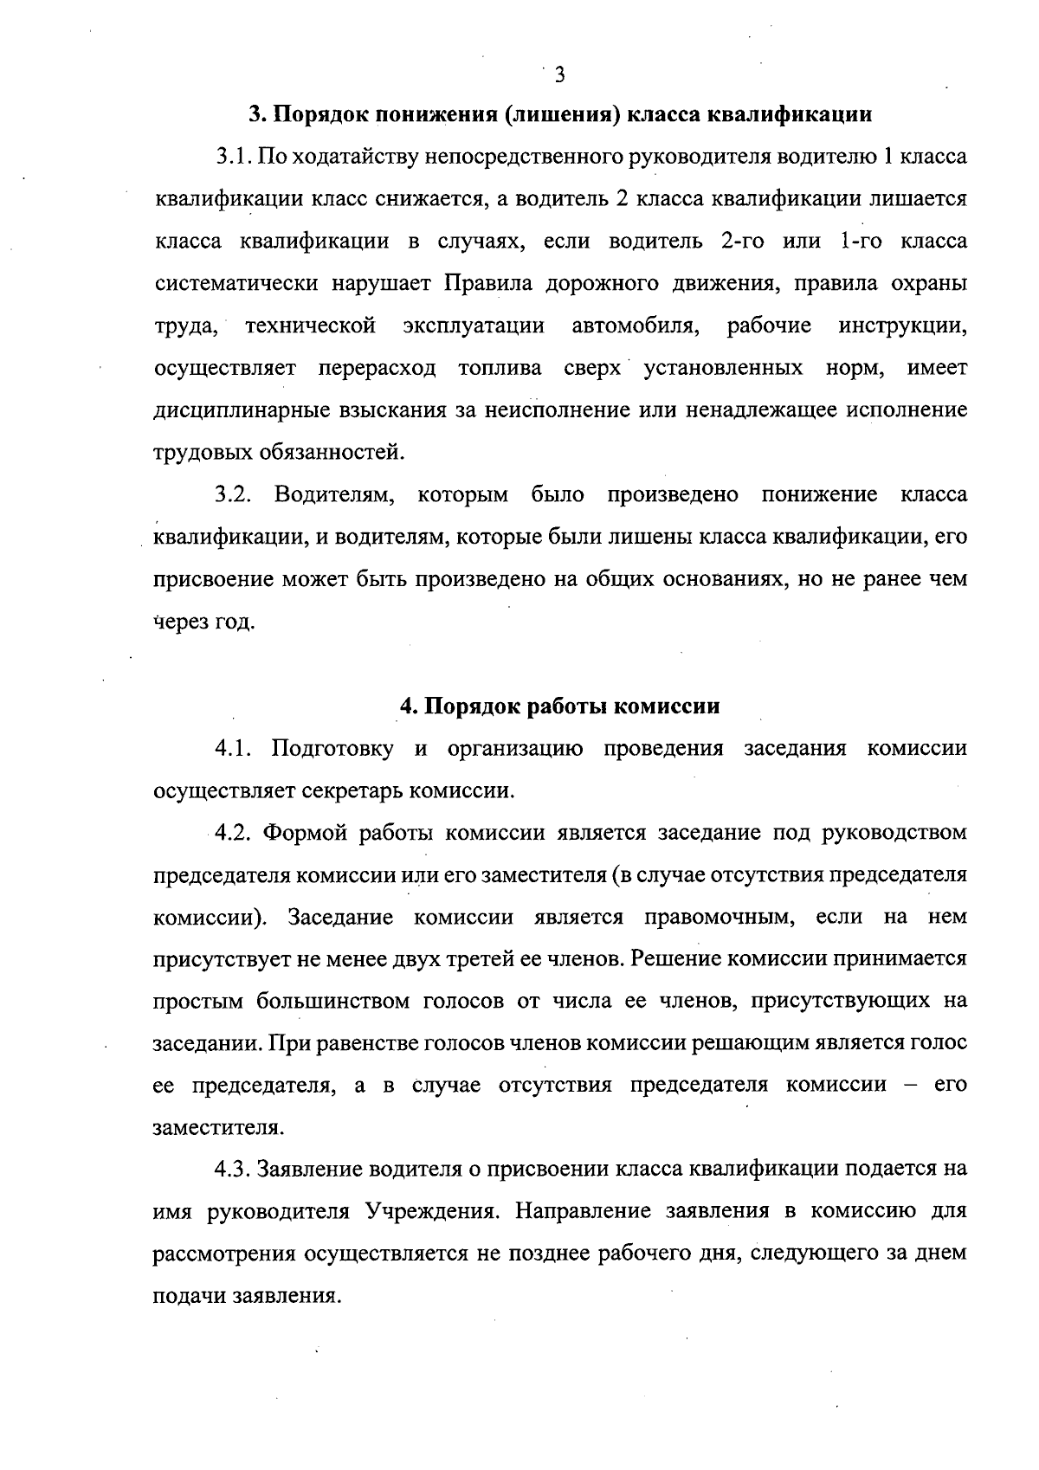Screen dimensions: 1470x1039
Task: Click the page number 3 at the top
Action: point(559,75)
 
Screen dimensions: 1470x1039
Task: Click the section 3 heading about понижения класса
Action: point(559,115)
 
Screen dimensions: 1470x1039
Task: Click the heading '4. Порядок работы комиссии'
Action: point(559,706)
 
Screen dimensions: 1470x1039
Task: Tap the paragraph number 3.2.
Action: point(234,495)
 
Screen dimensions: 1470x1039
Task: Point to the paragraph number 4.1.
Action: point(234,749)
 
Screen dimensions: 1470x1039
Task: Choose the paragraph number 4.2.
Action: point(234,833)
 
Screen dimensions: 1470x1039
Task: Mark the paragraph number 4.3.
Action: point(234,1170)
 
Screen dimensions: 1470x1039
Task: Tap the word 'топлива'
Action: point(500,369)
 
